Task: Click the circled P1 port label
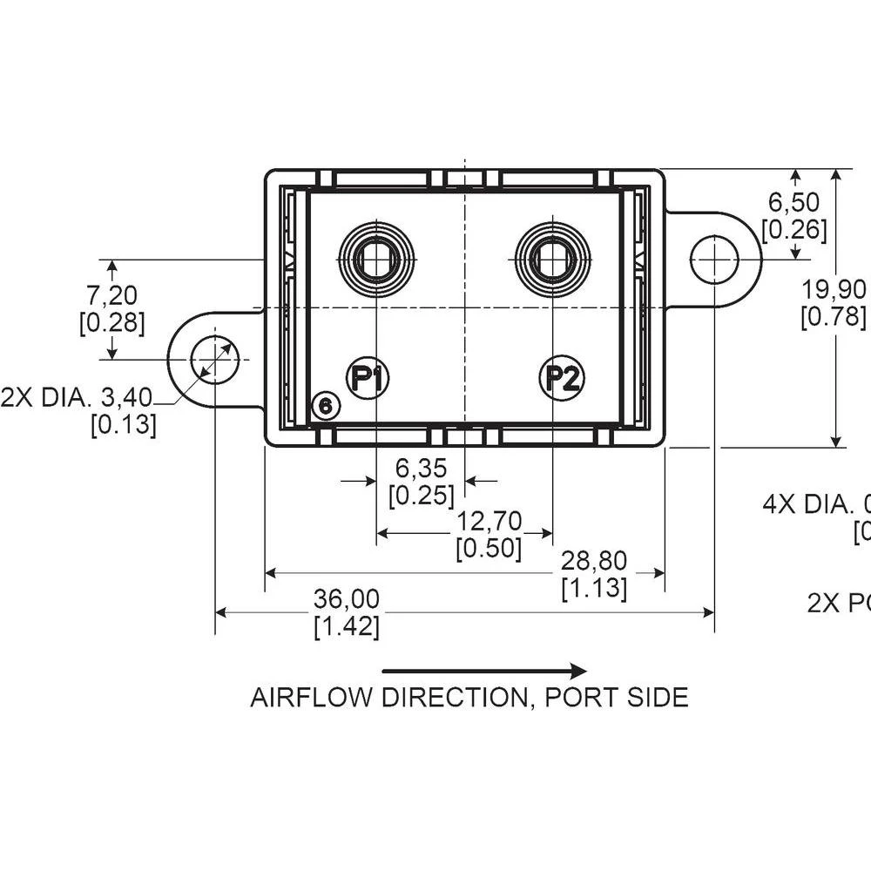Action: tap(368, 378)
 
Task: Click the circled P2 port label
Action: tap(562, 378)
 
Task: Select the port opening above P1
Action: tap(376, 259)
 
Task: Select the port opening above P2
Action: tap(553, 259)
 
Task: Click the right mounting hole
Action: tap(714, 259)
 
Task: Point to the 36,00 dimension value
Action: tap(347, 598)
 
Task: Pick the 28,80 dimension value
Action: tap(594, 560)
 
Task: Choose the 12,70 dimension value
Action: tap(489, 521)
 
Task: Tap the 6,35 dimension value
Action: tap(421, 468)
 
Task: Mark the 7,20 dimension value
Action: tap(111, 294)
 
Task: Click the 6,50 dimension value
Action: tap(793, 202)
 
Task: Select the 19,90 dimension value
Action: tap(834, 288)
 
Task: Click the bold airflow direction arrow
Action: tap(484, 671)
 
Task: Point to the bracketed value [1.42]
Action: tap(347, 626)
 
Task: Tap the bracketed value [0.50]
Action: tap(489, 549)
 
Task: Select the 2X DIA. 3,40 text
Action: tap(77, 398)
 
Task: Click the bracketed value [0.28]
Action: tap(111, 323)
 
